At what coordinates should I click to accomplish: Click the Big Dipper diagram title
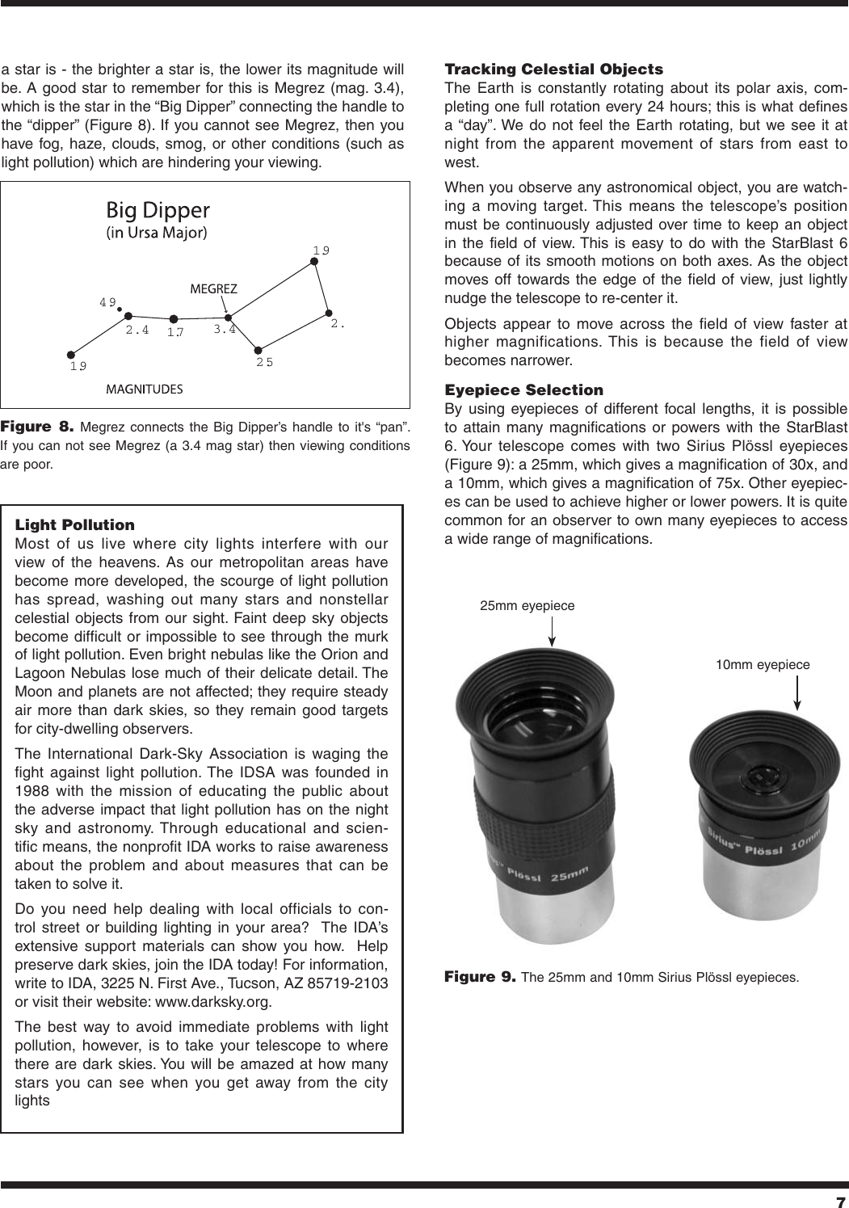pyautogui.click(x=158, y=211)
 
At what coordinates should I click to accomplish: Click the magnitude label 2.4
pyautogui.click(x=137, y=330)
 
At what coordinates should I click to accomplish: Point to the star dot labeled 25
pyautogui.click(x=258, y=351)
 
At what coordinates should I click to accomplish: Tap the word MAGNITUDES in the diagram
pyautogui.click(x=145, y=389)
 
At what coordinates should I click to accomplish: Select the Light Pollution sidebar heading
pyautogui.click(x=75, y=525)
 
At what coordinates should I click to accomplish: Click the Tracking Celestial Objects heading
pyautogui.click(x=554, y=69)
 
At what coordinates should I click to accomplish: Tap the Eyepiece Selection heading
pyautogui.click(x=524, y=390)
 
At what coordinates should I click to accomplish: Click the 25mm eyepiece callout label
pyautogui.click(x=527, y=605)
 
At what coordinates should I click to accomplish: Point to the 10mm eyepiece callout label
pyautogui.click(x=763, y=664)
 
